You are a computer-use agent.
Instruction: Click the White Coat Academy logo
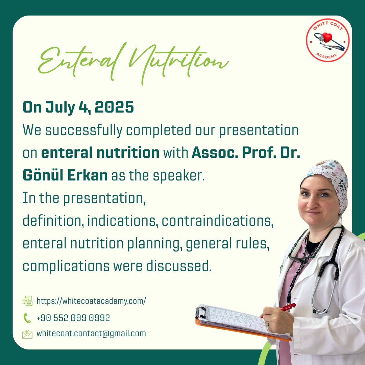(327, 40)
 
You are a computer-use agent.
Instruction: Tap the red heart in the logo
(327, 37)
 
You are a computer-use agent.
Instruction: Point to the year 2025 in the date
(114, 107)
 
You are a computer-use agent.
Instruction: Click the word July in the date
(60, 108)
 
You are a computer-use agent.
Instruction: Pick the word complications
(66, 266)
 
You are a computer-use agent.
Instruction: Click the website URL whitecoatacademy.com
(91, 301)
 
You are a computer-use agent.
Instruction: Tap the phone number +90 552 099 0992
(73, 318)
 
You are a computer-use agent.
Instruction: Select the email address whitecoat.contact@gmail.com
(91, 334)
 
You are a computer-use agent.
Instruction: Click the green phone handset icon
(27, 318)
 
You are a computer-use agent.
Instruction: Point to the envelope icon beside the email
(27, 334)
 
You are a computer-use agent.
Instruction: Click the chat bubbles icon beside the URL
(27, 301)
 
